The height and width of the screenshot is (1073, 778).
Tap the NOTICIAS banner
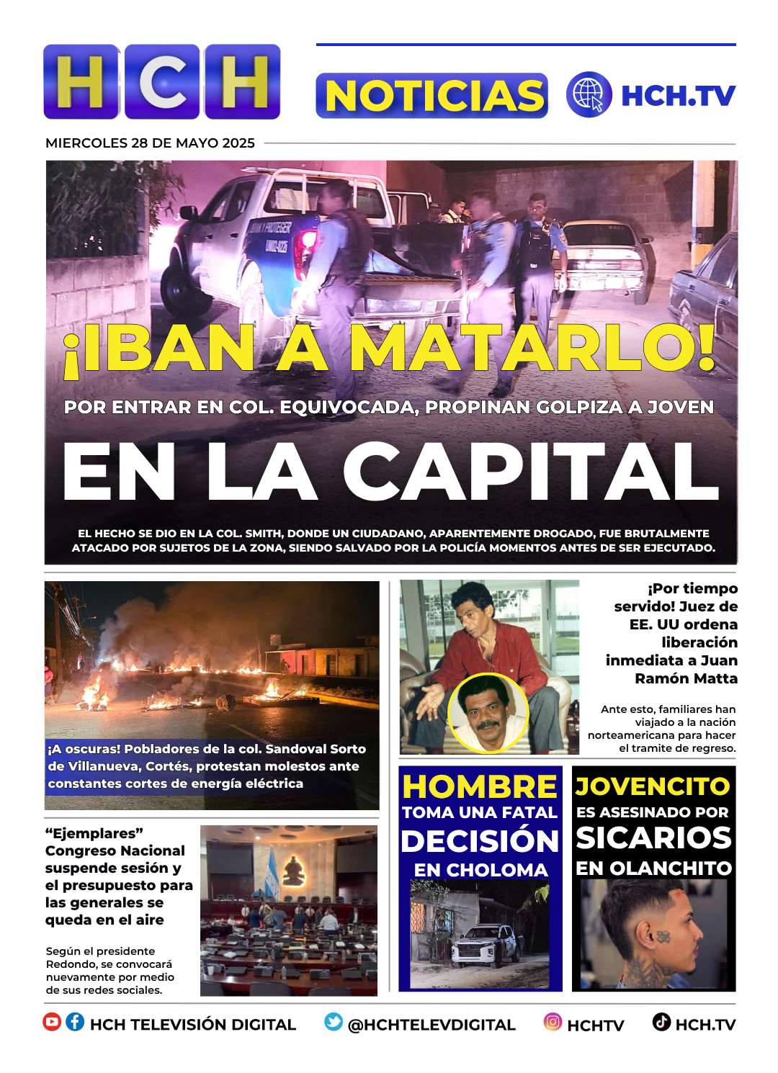click(x=432, y=96)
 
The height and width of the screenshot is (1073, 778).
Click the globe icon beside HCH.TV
click(x=589, y=94)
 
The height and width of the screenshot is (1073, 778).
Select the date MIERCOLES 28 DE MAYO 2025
click(x=150, y=143)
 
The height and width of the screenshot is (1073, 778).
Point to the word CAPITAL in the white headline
click(x=531, y=472)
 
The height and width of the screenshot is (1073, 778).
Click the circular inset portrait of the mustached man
click(x=488, y=712)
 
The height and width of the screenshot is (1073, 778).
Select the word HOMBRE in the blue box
click(x=480, y=786)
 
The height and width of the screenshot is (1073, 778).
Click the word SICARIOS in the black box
click(x=653, y=838)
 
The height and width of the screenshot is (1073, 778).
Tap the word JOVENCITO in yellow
click(x=653, y=786)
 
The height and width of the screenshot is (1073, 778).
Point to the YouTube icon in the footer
click(x=52, y=1022)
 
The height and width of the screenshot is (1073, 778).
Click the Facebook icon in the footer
click(x=75, y=1022)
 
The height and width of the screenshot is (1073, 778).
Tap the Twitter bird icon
click(x=334, y=1022)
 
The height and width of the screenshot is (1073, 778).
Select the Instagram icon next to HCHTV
click(x=553, y=1022)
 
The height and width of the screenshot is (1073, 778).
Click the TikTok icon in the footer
click(x=661, y=1022)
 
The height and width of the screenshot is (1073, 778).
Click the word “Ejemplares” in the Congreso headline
click(x=94, y=833)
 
